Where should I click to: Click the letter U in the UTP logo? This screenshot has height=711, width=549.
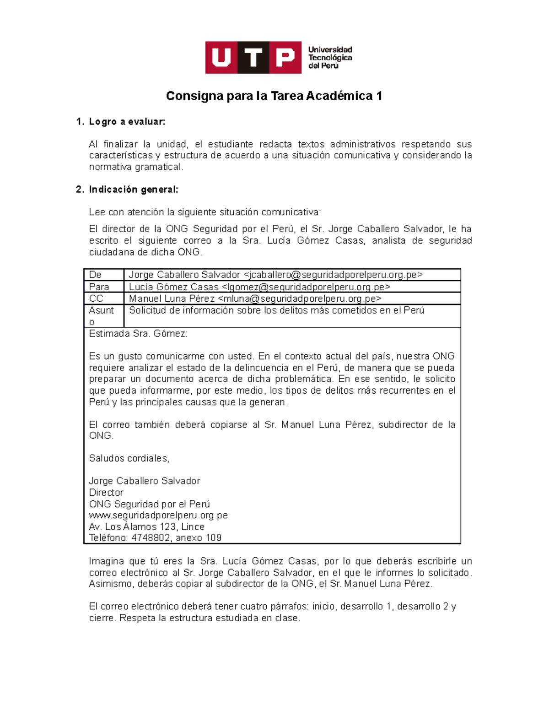coord(221,58)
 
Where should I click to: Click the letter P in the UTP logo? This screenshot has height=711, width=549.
coord(285,58)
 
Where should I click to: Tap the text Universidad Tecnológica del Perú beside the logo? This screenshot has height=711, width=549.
coord(330,58)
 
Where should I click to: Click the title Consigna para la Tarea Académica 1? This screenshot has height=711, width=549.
coord(274,96)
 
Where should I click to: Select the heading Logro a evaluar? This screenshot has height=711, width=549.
coord(127,122)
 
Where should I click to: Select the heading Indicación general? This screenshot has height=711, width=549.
coord(133,190)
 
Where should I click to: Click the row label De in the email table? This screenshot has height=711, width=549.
coord(95,275)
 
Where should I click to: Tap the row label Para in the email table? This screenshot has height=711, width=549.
coord(99,287)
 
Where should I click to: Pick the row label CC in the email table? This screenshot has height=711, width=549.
coord(96,299)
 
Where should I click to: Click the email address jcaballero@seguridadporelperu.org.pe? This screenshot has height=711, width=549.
coord(333,275)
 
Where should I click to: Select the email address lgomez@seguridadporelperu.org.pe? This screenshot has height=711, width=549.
coord(306,287)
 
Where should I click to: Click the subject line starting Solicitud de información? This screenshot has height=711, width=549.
coord(276,310)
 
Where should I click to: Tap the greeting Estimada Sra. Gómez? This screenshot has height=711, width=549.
coord(138,334)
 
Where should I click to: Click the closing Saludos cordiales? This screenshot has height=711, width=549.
coord(129,458)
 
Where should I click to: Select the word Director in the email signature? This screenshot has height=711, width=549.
coord(106,493)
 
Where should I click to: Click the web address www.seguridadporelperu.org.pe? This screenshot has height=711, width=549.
coord(158,516)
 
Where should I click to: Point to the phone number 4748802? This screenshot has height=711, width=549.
coord(151,538)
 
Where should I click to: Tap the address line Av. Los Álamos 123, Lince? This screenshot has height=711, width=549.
coord(146,527)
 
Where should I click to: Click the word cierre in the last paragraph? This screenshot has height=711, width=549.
coord(102,618)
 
